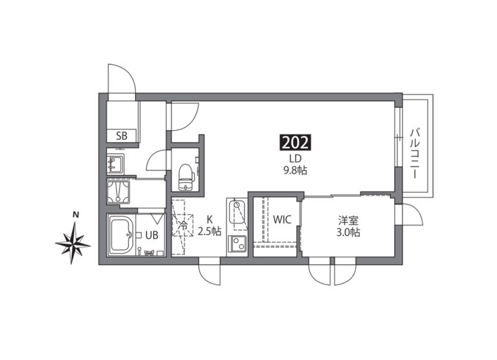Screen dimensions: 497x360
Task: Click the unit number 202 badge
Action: point(295,142)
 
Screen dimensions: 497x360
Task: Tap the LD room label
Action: point(295,158)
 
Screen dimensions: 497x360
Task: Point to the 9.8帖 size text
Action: point(295,171)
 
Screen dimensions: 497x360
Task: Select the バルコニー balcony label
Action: point(414,153)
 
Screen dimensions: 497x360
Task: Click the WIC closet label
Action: point(282,219)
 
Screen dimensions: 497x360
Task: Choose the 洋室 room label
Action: point(348,220)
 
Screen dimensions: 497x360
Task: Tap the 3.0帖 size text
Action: point(348,232)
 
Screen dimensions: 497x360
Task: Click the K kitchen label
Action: point(210,219)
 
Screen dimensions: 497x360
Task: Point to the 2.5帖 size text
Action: point(210,231)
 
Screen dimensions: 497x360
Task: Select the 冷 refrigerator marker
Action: point(183,226)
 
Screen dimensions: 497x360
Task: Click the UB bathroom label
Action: point(151,235)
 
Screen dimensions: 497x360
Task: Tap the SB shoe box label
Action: point(122,136)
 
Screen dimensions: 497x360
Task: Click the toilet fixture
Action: point(186,177)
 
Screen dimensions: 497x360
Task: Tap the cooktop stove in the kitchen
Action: point(237,244)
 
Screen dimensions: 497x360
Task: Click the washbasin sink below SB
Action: point(115,164)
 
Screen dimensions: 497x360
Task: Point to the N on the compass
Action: point(76,215)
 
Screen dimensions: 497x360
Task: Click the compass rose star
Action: point(73,243)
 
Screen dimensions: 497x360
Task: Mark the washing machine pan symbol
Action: point(118,192)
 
